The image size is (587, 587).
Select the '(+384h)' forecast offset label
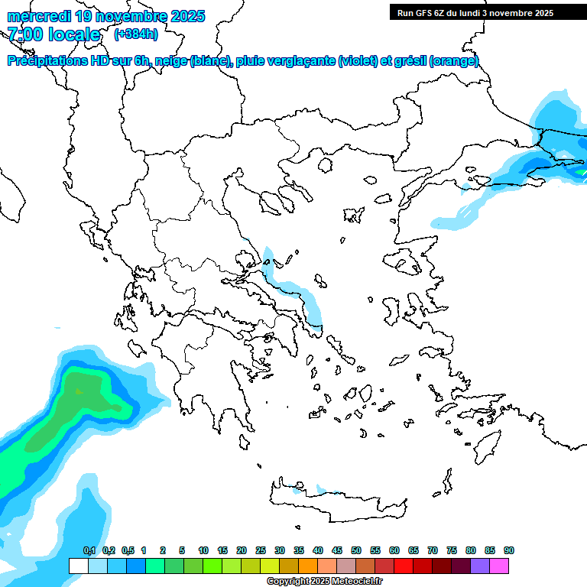click(135, 34)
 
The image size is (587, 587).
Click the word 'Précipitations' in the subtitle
click(47, 61)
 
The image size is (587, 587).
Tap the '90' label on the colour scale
click(509, 550)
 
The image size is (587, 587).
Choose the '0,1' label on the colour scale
click(89, 550)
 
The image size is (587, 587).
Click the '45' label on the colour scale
click(337, 550)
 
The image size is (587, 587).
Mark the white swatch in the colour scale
click(78, 566)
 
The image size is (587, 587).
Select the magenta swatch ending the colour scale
click(499, 566)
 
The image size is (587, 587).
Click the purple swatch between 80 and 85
click(480, 566)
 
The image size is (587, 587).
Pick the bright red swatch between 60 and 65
click(404, 566)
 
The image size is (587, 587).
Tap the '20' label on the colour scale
click(242, 550)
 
